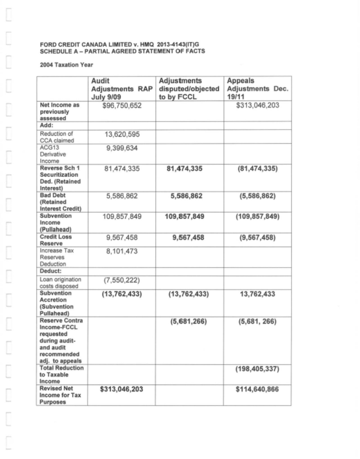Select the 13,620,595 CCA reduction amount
click(x=121, y=135)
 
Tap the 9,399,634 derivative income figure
click(x=121, y=149)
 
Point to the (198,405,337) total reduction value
click(x=257, y=368)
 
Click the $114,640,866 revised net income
click(x=257, y=389)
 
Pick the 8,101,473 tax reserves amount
click(x=121, y=252)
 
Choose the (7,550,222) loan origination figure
click(x=121, y=281)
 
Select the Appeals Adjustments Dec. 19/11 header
click(x=257, y=90)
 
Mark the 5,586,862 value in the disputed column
click(x=189, y=196)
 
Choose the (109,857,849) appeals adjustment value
click(x=257, y=217)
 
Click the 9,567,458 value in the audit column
click(x=121, y=237)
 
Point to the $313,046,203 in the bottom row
click(x=121, y=389)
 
